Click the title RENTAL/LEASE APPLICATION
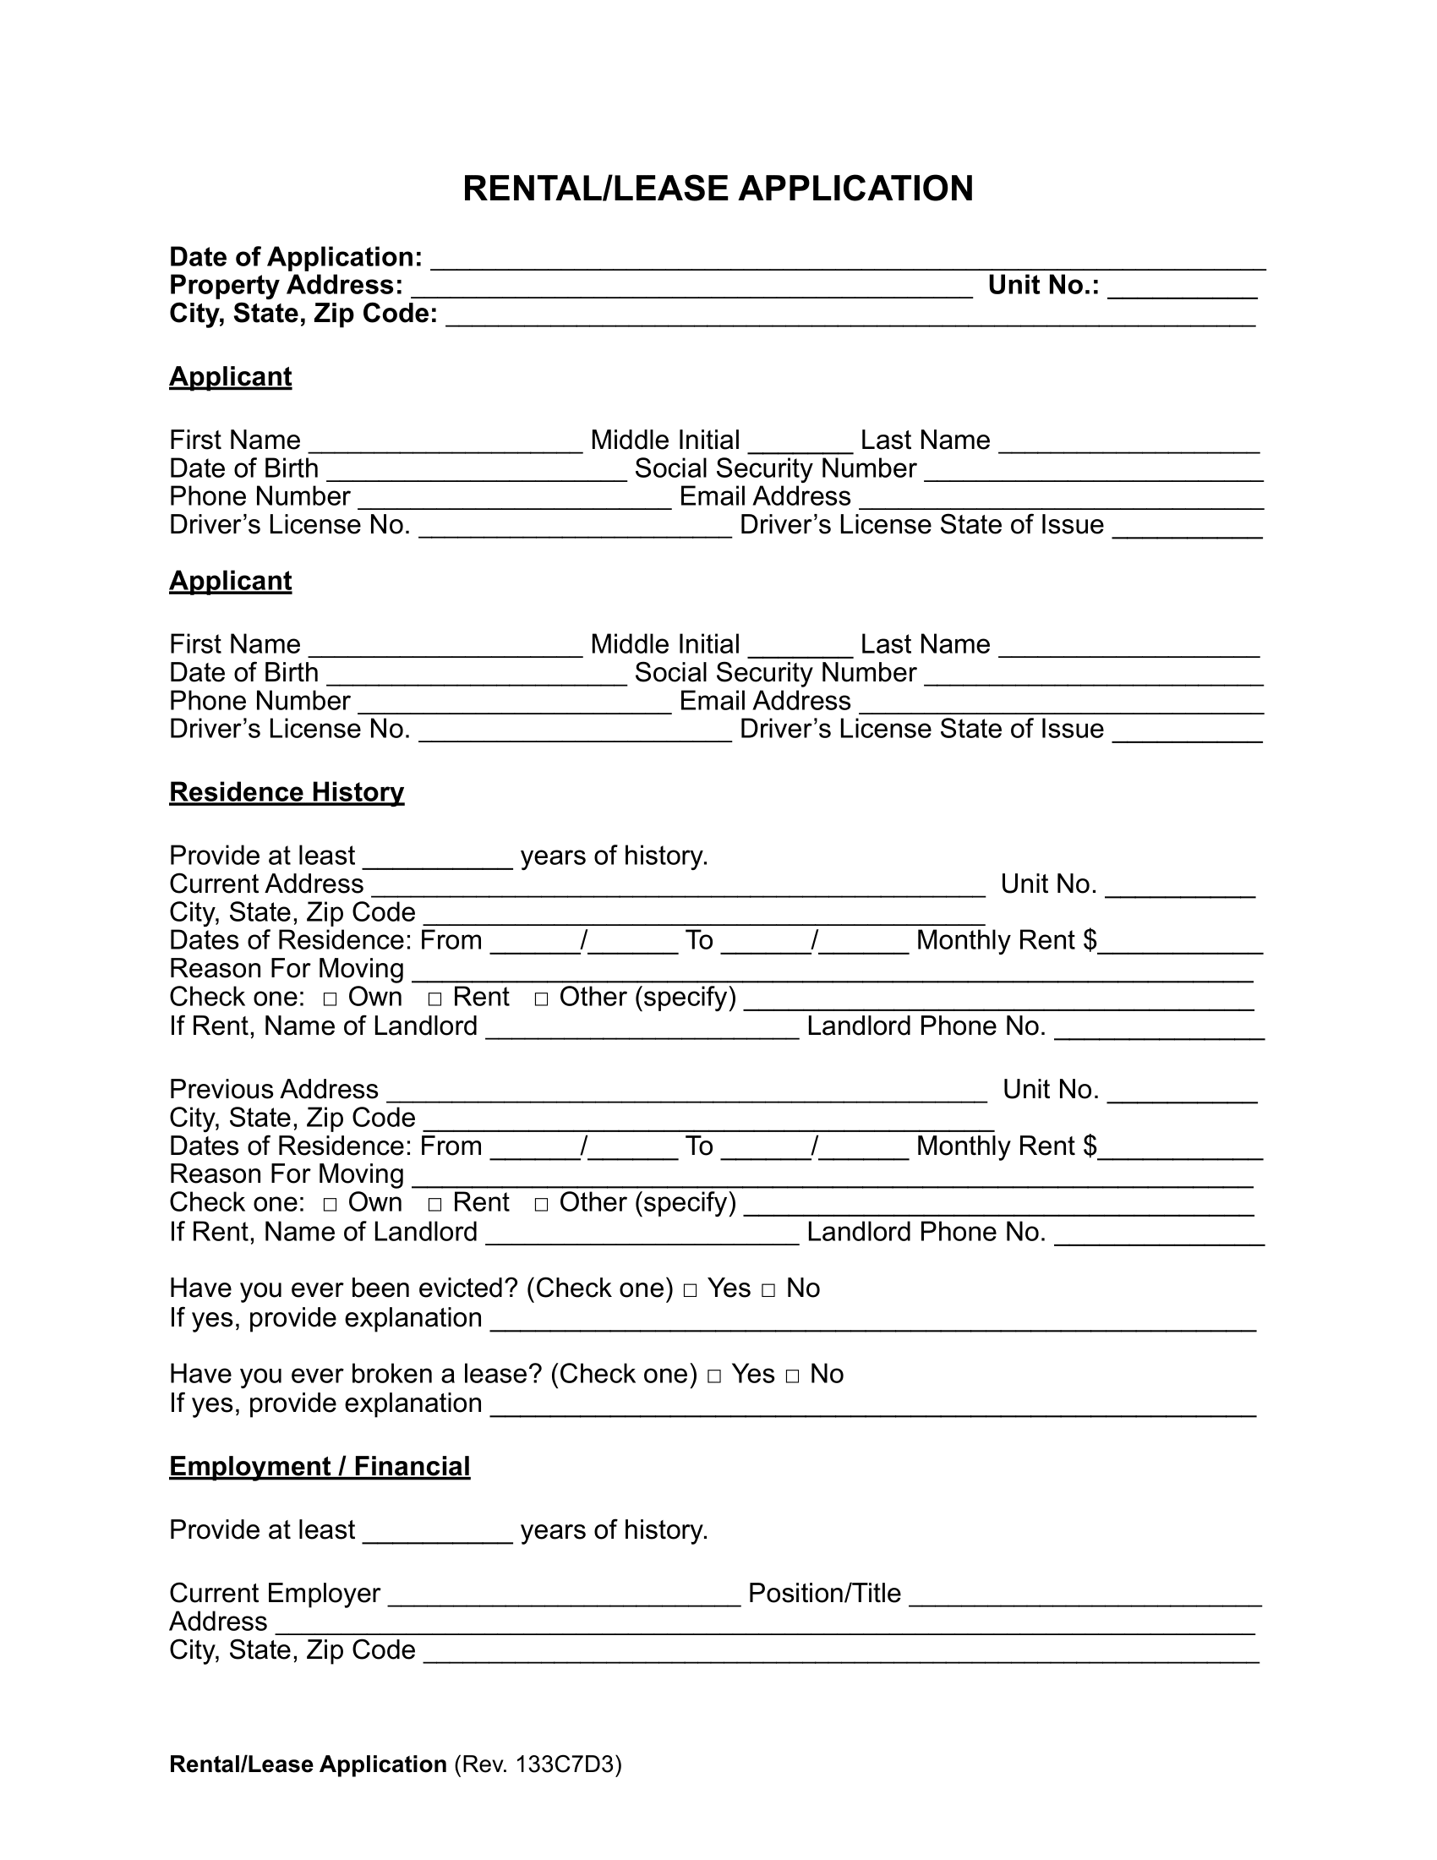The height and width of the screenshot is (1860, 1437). pyautogui.click(x=718, y=189)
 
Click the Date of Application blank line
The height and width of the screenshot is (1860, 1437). pyautogui.click(x=847, y=259)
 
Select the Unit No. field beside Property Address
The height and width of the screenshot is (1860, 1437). pyautogui.click(x=1183, y=287)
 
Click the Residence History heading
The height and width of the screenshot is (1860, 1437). pyautogui.click(x=286, y=792)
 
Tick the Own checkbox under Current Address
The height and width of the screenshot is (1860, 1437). pyautogui.click(x=331, y=998)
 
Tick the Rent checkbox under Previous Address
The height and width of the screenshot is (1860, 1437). pyautogui.click(x=435, y=1203)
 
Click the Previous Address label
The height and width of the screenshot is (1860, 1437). pyautogui.click(x=273, y=1089)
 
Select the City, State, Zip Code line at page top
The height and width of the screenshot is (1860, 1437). pyautogui.click(x=850, y=317)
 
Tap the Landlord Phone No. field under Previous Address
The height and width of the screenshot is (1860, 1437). pyautogui.click(x=1159, y=1234)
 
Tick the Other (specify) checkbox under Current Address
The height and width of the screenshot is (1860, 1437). pyautogui.click(x=542, y=998)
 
